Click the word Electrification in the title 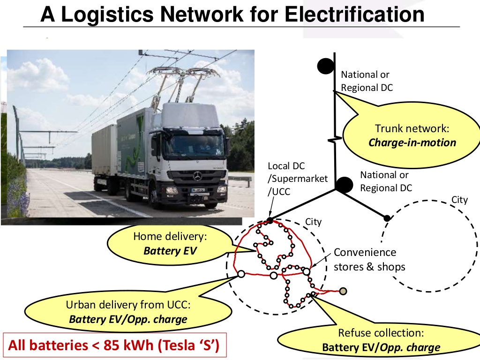click(354, 14)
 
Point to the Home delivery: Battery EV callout click(170, 244)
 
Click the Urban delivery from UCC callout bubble click(128, 312)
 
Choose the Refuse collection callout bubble click(380, 340)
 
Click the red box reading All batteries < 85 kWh click(115, 345)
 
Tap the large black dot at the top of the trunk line click(325, 66)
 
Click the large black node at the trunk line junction click(344, 185)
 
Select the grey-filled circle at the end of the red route click(343, 291)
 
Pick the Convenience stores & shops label click(369, 260)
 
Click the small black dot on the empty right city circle click(387, 218)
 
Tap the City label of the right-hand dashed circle click(459, 200)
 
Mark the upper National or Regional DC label click(367, 81)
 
